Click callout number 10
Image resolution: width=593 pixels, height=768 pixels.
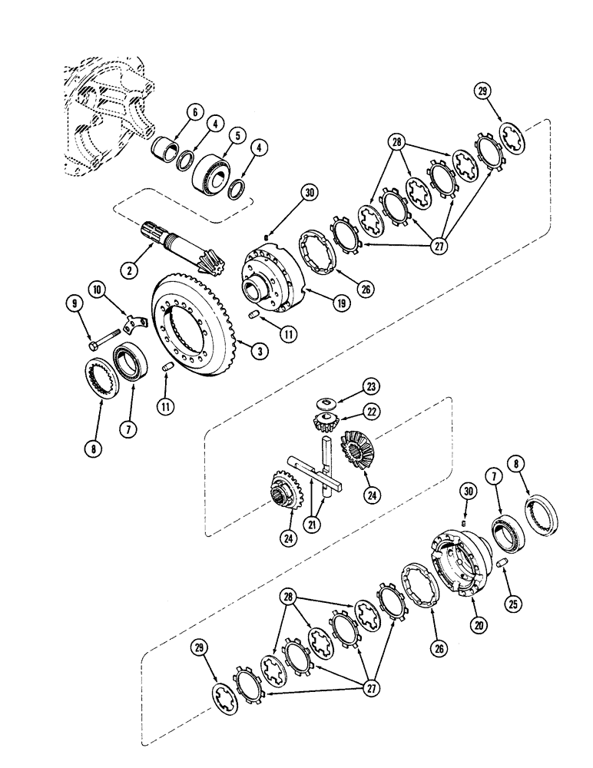(x=97, y=290)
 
